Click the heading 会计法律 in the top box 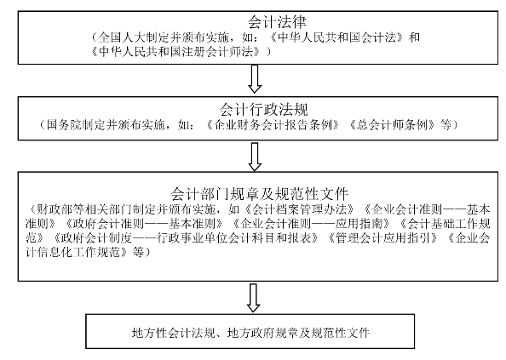(277, 22)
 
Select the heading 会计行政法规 (264, 110)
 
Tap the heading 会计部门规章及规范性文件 (260, 194)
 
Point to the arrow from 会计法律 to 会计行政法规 (255, 79)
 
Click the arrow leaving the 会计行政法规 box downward (255, 157)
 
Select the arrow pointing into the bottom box (253, 298)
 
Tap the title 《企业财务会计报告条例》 (273, 125)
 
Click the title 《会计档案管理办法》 (299, 209)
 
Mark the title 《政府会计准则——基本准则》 (144, 224)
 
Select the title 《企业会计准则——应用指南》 (312, 224)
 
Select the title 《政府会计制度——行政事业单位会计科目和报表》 (186, 237)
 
